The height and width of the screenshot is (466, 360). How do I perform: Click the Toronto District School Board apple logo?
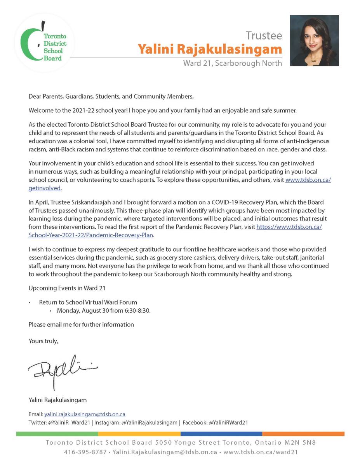43,42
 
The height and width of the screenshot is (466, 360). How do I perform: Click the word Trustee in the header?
264,36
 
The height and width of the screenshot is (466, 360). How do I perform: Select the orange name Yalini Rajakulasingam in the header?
210,49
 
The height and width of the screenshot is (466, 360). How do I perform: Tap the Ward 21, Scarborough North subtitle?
233,63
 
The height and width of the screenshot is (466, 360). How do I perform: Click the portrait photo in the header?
314,40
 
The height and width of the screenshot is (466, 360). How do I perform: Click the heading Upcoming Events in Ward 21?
67,288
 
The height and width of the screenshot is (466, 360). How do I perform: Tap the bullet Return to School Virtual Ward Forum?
88,302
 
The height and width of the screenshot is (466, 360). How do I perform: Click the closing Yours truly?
43,341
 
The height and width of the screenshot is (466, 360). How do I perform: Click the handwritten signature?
62,369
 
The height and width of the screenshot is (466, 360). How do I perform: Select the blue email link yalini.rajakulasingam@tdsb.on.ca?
85,414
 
